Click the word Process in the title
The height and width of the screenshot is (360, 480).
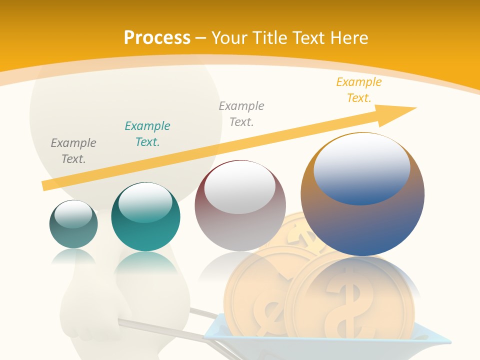pos(157,37)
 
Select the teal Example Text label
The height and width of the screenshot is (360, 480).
pos(147,133)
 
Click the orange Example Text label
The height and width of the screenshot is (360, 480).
pos(359,90)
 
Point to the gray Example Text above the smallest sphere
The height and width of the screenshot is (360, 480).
pos(73,150)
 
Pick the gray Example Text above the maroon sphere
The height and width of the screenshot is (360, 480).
pos(241,113)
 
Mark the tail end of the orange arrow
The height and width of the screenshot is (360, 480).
pos(46,185)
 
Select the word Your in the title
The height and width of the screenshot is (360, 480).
pos(229,37)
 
